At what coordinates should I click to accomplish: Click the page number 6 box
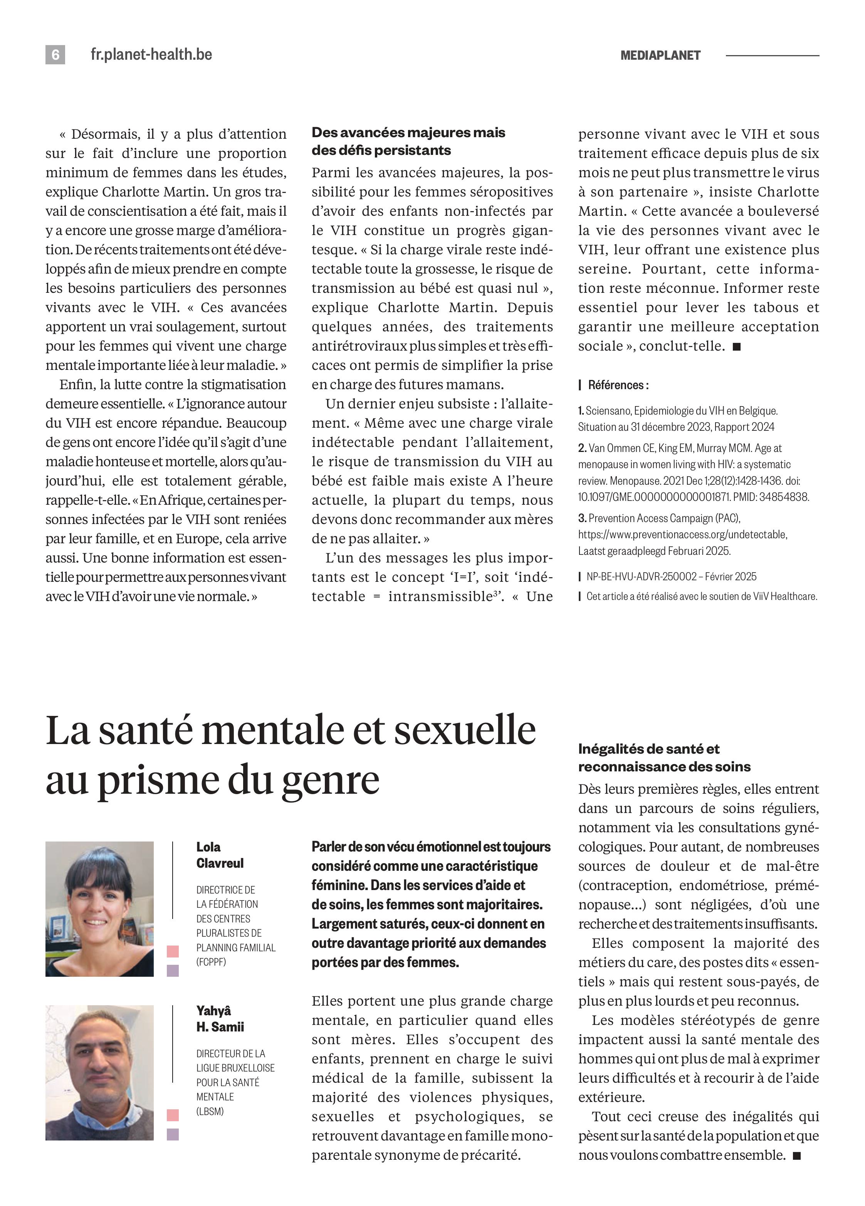point(55,55)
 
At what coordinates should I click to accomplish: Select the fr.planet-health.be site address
point(151,55)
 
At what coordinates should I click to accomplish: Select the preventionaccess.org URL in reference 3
point(683,534)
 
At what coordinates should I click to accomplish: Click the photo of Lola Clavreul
point(99,909)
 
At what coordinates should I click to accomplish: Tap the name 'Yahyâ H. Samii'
point(220,1018)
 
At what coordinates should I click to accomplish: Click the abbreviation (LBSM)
point(210,1111)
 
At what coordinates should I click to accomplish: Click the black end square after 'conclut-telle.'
point(736,347)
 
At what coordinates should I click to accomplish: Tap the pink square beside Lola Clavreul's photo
point(173,951)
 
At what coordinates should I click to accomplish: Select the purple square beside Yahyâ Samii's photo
point(173,1134)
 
